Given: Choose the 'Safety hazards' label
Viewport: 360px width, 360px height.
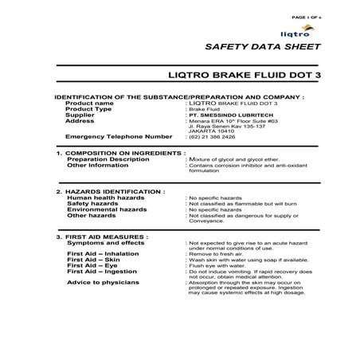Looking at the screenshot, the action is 88,203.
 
